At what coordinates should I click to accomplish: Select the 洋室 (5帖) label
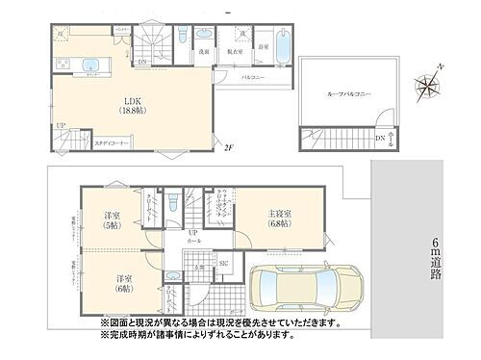113,220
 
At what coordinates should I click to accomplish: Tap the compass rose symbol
427,90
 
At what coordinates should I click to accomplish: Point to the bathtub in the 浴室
286,45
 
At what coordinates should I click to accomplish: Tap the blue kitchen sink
90,66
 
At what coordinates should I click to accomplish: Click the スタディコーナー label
114,143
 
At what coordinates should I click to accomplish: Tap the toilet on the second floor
181,37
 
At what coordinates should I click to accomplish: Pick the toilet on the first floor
170,203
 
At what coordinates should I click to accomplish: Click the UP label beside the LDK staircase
61,125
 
